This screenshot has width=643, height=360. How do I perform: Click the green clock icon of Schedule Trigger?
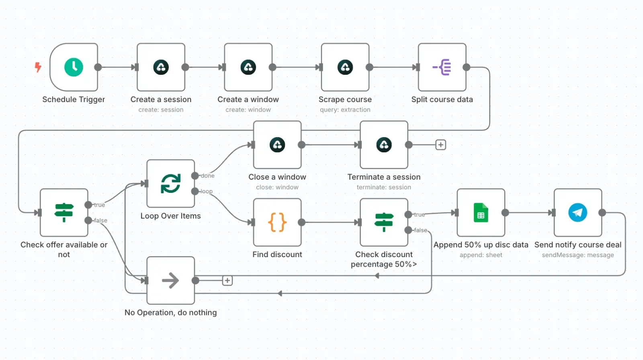pos(74,67)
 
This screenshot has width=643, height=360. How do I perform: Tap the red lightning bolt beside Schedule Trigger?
pos(38,67)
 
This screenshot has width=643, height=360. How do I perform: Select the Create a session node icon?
pos(161,67)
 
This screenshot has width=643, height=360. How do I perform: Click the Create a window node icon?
pos(248,67)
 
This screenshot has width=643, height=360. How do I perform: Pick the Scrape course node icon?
pos(345,67)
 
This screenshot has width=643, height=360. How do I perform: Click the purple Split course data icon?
pos(442,67)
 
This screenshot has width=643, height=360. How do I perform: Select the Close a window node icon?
pos(277,145)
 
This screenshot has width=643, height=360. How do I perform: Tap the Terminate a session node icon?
pos(384,145)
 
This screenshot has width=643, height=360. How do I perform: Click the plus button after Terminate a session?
pos(440,145)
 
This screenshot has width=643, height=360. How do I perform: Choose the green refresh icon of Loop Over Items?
pos(171,184)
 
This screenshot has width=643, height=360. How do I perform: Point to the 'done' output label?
pos(207,176)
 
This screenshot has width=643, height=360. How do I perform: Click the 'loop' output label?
pos(207,191)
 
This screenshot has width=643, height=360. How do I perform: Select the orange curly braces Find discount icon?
pos(277,222)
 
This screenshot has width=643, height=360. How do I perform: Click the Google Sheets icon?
pos(481,213)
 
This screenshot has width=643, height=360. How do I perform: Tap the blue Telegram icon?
pos(577,213)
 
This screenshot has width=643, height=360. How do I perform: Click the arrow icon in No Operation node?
pos(170,280)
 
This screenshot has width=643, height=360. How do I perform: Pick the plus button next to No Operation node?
pos(227,280)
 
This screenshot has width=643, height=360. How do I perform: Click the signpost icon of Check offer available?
pos(64,213)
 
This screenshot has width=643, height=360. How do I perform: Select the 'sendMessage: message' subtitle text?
pos(578,255)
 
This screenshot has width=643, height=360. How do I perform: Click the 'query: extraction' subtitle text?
pos(345,110)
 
